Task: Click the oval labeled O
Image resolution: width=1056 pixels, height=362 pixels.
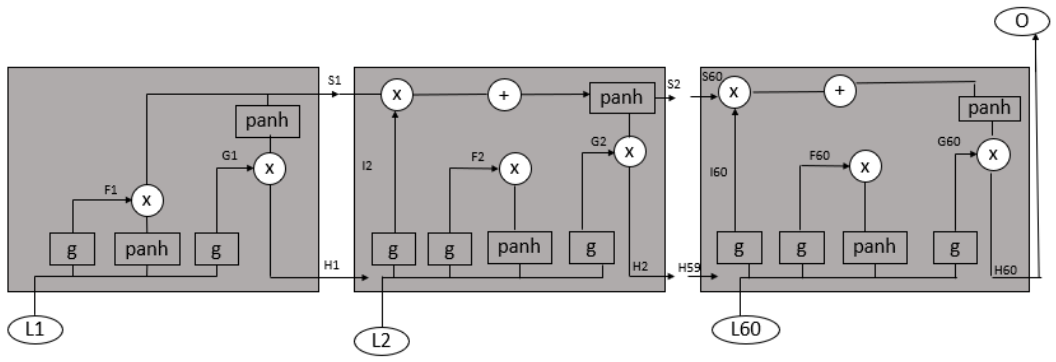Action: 1022,21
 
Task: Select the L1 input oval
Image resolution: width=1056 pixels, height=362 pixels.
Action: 35,329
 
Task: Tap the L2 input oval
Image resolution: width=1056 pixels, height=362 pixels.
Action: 381,341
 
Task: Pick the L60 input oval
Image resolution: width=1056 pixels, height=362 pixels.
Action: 746,329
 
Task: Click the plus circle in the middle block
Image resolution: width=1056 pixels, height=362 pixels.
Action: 504,95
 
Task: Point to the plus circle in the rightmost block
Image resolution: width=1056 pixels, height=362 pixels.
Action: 840,91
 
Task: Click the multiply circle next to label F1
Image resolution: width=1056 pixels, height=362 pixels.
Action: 147,200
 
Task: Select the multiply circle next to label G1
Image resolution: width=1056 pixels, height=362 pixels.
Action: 270,168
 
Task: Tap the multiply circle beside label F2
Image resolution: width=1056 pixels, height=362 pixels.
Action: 515,168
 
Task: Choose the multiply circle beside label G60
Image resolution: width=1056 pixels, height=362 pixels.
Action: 993,155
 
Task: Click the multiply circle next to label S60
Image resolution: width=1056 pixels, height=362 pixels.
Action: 734,92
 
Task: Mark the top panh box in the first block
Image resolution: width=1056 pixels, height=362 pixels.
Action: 267,121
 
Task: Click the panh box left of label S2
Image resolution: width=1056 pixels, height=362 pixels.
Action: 622,98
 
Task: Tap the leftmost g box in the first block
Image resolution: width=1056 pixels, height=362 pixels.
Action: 72,249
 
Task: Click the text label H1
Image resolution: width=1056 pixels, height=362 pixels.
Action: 332,265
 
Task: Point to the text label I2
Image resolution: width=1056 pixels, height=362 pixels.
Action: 367,166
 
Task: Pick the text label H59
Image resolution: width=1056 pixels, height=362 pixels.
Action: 689,268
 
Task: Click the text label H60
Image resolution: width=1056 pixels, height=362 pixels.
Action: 1006,270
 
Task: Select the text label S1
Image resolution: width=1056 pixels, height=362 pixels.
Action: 334,80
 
